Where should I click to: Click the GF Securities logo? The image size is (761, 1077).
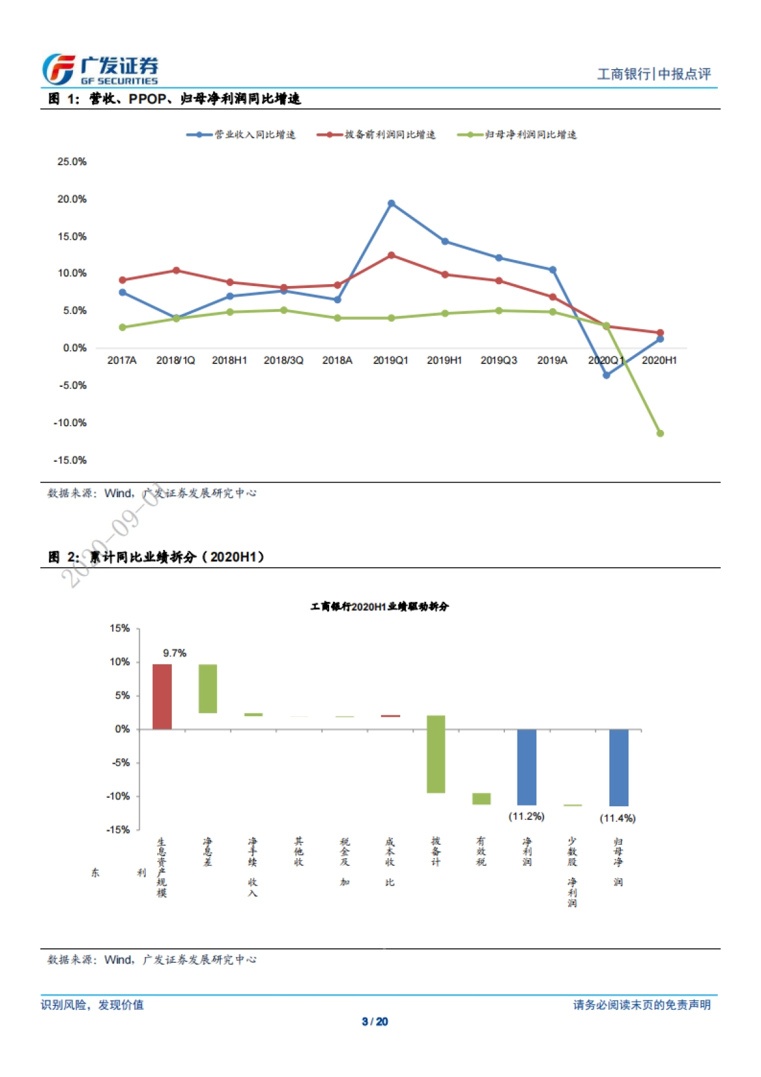coord(100,69)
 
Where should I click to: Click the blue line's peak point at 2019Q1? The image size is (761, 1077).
coord(391,204)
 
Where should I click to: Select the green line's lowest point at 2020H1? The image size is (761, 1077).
coord(660,433)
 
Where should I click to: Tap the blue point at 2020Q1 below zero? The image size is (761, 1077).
coord(606,375)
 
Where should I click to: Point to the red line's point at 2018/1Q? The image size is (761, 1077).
coord(176,271)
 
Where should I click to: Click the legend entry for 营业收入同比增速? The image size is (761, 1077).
coord(241,134)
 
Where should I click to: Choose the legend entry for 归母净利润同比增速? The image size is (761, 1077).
coord(517,134)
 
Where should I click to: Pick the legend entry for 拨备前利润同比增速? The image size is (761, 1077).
coord(377,134)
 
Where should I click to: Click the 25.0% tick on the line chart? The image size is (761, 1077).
coord(72,162)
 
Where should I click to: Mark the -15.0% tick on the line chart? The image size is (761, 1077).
coord(70,460)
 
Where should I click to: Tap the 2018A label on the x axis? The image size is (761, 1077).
coord(337,360)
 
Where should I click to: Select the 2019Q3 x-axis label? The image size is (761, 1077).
coord(498,360)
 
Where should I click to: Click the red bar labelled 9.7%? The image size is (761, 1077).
coord(162,696)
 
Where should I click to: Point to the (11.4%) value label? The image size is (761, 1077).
coord(618,818)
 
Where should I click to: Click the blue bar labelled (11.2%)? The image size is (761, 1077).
coord(527,767)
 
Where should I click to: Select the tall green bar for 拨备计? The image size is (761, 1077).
coord(436,754)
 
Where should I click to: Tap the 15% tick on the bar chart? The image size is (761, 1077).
coord(120,629)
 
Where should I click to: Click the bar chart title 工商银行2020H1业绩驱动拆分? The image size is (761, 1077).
coord(379,607)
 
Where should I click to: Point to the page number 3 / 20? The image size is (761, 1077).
coord(375,1021)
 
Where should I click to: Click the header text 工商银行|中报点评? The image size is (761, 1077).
coord(654,74)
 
